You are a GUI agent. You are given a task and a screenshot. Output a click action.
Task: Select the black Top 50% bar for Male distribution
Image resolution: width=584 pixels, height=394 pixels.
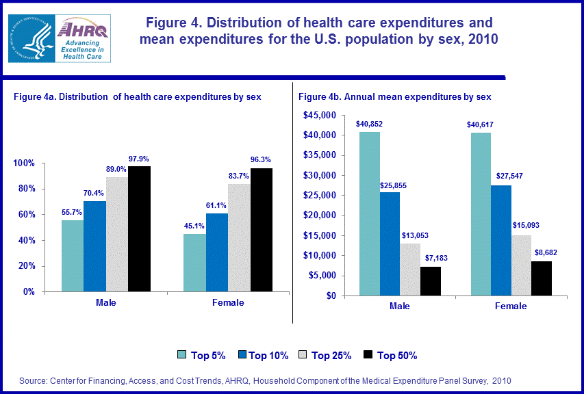click(139, 228)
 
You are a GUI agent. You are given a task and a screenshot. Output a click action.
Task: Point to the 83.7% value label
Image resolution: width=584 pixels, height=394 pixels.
click(239, 176)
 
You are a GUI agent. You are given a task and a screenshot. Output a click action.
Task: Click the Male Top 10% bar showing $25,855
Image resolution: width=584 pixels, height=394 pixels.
click(389, 244)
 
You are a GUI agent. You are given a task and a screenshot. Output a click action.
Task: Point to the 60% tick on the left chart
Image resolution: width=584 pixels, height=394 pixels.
click(25, 215)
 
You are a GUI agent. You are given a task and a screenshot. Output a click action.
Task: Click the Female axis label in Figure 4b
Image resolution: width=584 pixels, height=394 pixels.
click(511, 306)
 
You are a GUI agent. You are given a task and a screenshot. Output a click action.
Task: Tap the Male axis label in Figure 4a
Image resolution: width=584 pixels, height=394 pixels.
click(105, 302)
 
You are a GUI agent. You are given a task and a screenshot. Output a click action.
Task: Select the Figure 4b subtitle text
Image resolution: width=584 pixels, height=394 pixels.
click(395, 97)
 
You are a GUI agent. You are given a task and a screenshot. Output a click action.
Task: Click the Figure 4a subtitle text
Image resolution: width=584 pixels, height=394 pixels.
click(138, 97)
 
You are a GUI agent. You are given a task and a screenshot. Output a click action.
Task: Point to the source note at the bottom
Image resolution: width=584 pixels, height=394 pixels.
click(265, 380)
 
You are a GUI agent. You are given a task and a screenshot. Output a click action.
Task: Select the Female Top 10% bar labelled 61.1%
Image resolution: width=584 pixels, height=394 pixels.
click(216, 252)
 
